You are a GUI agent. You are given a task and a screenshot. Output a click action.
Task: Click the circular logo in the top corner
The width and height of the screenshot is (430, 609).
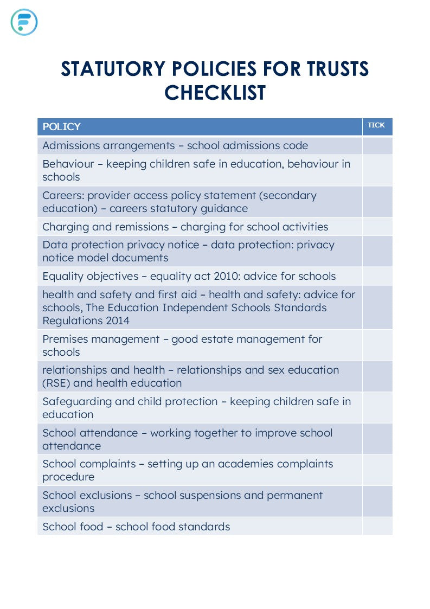tap(24, 22)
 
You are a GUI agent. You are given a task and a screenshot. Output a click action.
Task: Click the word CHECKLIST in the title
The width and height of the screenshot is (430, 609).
tap(215, 93)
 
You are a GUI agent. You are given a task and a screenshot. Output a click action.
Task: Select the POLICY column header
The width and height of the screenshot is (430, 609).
tap(61, 127)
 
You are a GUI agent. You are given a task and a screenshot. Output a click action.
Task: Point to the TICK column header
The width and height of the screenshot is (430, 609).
tap(376, 125)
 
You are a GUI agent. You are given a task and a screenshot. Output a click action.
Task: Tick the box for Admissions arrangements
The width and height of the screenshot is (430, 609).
tap(377, 146)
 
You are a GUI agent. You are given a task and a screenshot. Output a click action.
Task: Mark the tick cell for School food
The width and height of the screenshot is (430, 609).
tap(377, 527)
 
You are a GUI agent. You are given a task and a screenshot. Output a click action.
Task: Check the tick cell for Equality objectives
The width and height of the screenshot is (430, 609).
tap(377, 276)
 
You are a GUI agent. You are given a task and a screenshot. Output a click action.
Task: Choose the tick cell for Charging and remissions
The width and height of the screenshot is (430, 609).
tap(377, 227)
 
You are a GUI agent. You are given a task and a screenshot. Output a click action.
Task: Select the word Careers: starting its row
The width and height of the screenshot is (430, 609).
tap(63, 195)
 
